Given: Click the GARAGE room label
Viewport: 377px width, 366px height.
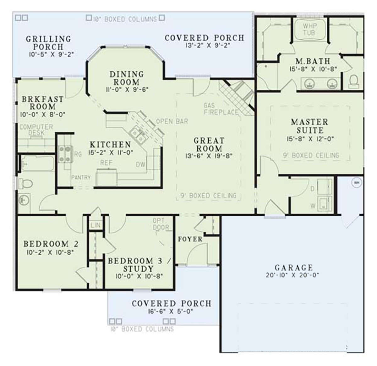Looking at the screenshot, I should pyautogui.click(x=293, y=268).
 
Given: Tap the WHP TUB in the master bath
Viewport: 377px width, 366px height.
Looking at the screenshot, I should pyautogui.click(x=309, y=29).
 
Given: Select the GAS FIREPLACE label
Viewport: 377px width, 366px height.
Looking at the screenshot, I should pyautogui.click(x=221, y=109).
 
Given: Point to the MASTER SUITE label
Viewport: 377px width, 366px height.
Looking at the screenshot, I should pyautogui.click(x=309, y=126).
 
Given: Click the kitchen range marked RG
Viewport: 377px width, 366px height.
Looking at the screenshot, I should pyautogui.click(x=65, y=154).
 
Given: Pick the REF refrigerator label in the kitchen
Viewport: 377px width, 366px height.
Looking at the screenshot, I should pyautogui.click(x=106, y=163).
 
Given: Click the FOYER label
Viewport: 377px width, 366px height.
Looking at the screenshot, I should pyautogui.click(x=190, y=239).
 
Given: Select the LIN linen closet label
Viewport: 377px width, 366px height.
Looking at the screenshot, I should pyautogui.click(x=95, y=225).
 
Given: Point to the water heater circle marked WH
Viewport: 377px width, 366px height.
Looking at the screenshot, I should pyautogui.click(x=356, y=182).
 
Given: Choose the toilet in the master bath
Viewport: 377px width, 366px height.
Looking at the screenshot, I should pyautogui.click(x=354, y=80).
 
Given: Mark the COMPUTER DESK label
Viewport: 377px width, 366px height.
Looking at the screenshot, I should pyautogui.click(x=36, y=130).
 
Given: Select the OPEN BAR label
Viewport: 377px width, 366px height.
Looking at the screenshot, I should pyautogui.click(x=172, y=121).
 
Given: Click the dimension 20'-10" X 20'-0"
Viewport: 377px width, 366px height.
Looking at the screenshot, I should pyautogui.click(x=292, y=275).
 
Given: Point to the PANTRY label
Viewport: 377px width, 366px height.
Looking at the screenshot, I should pyautogui.click(x=81, y=178).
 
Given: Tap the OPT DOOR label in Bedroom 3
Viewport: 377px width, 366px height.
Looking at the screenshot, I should pyautogui.click(x=161, y=224).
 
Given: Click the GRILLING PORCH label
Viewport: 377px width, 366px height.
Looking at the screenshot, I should pyautogui.click(x=48, y=43).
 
